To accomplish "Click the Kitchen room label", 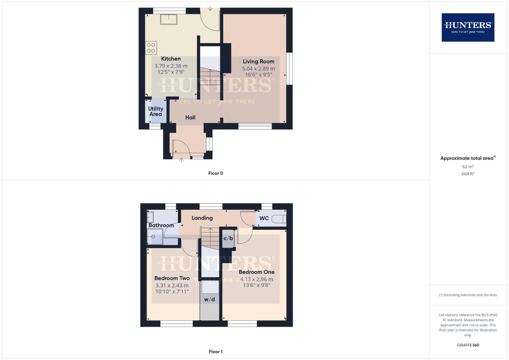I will (x=171, y=59).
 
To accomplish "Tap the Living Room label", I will (x=258, y=61).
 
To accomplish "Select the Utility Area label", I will (x=156, y=111).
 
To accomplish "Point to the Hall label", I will (x=190, y=117).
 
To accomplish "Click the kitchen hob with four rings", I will (x=151, y=48).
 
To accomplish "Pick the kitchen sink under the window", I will (x=169, y=19).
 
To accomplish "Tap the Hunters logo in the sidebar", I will (x=468, y=27).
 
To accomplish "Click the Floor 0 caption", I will (x=216, y=173).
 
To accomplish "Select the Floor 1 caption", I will (x=216, y=352).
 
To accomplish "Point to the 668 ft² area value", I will (x=468, y=174).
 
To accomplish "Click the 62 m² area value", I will (x=468, y=166).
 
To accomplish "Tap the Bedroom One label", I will (x=256, y=272).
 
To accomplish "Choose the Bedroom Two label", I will (x=172, y=278).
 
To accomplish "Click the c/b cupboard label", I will (x=228, y=238).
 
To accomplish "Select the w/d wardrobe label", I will (x=209, y=299).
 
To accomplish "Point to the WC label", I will (x=264, y=218).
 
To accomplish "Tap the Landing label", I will (x=202, y=218).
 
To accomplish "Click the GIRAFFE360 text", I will (x=468, y=345).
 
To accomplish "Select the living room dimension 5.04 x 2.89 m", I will (x=258, y=69).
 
